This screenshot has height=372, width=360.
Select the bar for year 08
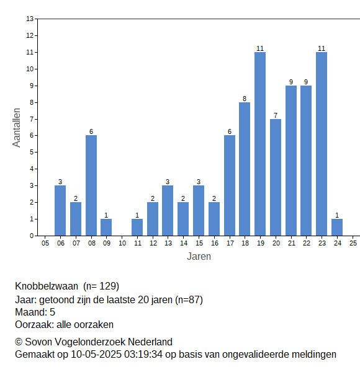click(91, 185)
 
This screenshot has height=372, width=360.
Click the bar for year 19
click(260, 144)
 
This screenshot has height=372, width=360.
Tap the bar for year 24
click(337, 228)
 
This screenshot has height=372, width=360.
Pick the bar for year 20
click(276, 177)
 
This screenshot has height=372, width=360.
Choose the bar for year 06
click(60, 211)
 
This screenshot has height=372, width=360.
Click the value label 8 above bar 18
click(245, 99)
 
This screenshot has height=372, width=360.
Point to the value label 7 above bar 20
click(276, 115)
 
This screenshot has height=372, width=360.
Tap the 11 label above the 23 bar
click(322, 48)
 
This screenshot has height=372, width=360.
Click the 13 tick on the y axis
click(30, 19)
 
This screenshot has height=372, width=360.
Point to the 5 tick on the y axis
click(32, 153)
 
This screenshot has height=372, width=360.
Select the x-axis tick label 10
click(122, 243)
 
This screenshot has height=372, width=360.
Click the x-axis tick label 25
click(353, 243)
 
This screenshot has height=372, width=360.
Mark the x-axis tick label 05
click(45, 243)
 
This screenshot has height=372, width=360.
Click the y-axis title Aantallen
click(17, 128)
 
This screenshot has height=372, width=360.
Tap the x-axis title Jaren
click(199, 257)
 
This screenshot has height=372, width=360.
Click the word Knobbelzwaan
click(47, 286)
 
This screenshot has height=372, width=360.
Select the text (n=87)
click(189, 300)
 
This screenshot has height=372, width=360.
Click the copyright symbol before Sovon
click(19, 342)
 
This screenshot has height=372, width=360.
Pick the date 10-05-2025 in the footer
click(96, 355)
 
